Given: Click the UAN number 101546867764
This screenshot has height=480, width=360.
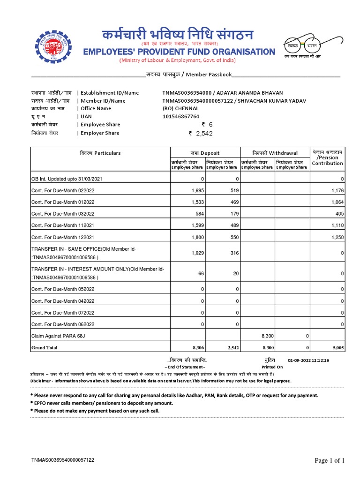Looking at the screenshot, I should click(180, 116).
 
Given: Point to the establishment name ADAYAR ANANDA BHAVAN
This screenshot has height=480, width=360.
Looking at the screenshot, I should click(255, 93).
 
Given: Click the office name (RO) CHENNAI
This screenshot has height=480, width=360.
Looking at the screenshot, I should click(180, 108).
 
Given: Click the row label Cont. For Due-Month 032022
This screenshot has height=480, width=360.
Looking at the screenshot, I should click(63, 214).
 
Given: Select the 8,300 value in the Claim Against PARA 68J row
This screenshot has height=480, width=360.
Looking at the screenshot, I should click(267, 336).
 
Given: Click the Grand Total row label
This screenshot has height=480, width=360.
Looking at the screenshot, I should click(45, 348).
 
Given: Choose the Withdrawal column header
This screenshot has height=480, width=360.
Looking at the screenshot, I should click(275, 153).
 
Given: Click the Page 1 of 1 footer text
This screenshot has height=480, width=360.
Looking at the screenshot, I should click(330, 460).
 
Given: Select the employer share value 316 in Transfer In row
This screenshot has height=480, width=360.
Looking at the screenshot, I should click(232, 253).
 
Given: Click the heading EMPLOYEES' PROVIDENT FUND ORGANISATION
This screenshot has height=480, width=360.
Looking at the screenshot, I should click(179, 51).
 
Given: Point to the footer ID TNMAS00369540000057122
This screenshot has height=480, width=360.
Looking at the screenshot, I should click(63, 460).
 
